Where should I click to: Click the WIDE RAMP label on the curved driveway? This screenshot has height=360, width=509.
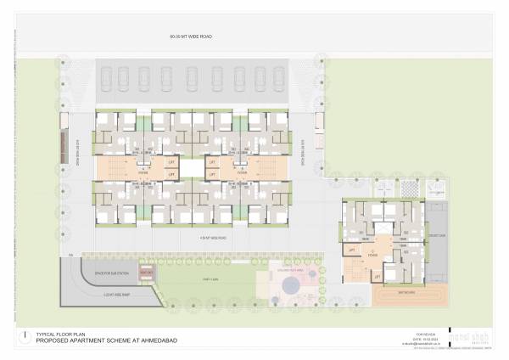[91, 293]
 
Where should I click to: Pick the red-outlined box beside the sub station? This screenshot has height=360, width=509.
[146, 273]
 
